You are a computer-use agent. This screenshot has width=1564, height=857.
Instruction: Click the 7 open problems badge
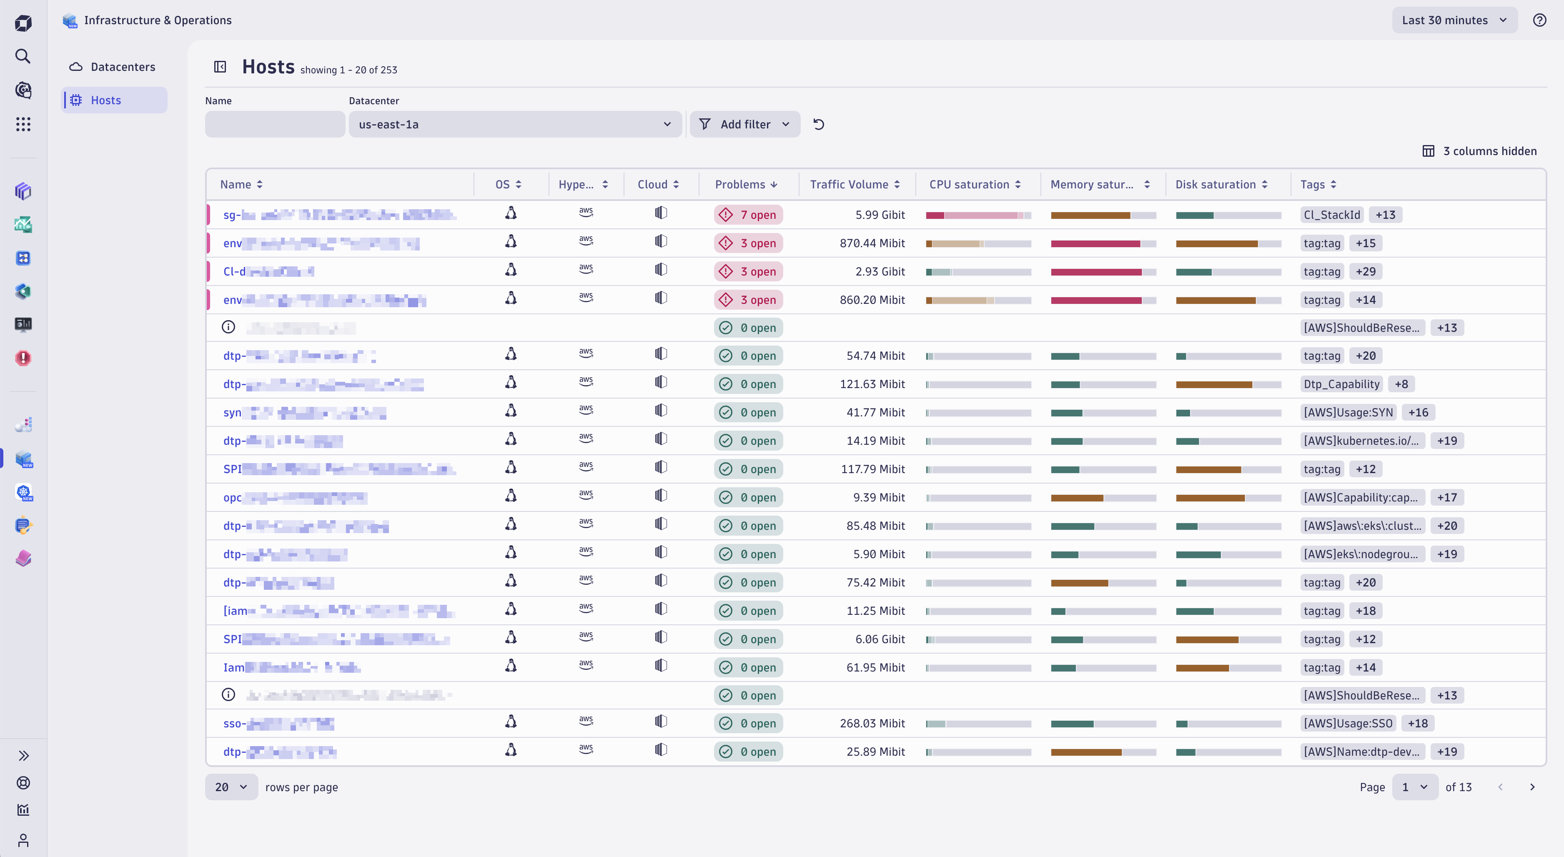point(748,215)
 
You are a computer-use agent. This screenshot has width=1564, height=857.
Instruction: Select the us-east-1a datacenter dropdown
point(515,124)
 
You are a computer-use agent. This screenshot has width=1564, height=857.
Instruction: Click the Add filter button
point(744,124)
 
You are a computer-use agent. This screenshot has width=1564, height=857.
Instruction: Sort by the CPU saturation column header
point(969,185)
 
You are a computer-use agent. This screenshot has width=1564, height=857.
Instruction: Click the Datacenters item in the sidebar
point(122,67)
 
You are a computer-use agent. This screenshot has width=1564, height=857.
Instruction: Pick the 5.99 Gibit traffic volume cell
point(880,215)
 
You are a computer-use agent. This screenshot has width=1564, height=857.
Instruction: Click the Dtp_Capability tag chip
point(1341,384)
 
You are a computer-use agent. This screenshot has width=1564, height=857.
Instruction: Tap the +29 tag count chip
point(1366,271)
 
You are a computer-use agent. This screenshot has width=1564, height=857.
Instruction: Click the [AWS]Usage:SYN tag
point(1348,413)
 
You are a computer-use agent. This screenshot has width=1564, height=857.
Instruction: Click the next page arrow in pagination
point(1532,787)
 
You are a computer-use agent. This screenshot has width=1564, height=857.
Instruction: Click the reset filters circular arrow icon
point(818,124)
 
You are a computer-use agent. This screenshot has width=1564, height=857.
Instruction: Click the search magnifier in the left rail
point(23,56)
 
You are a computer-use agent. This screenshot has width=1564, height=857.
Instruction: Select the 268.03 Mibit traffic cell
point(872,724)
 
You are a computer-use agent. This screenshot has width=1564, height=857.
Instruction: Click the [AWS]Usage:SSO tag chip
point(1348,724)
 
